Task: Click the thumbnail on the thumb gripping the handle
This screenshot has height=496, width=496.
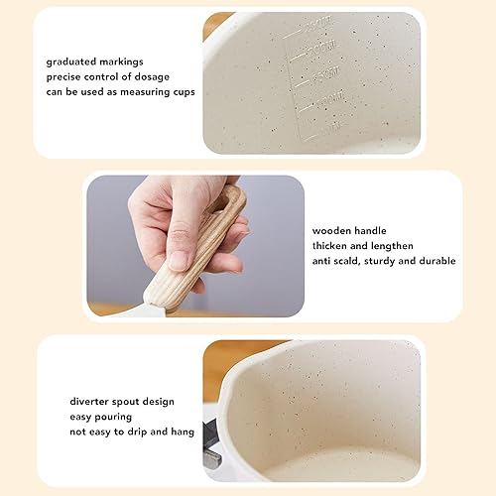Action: [x=180, y=261]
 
